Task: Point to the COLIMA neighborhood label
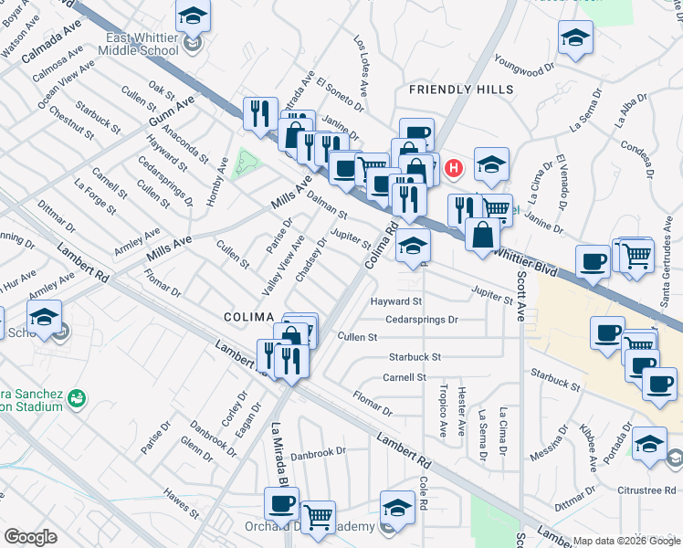point(249,316)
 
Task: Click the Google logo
point(30,537)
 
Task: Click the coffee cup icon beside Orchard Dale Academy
point(281,502)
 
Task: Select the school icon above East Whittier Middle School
point(193,16)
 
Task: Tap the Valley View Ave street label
point(283,265)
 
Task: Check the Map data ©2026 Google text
point(625,541)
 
